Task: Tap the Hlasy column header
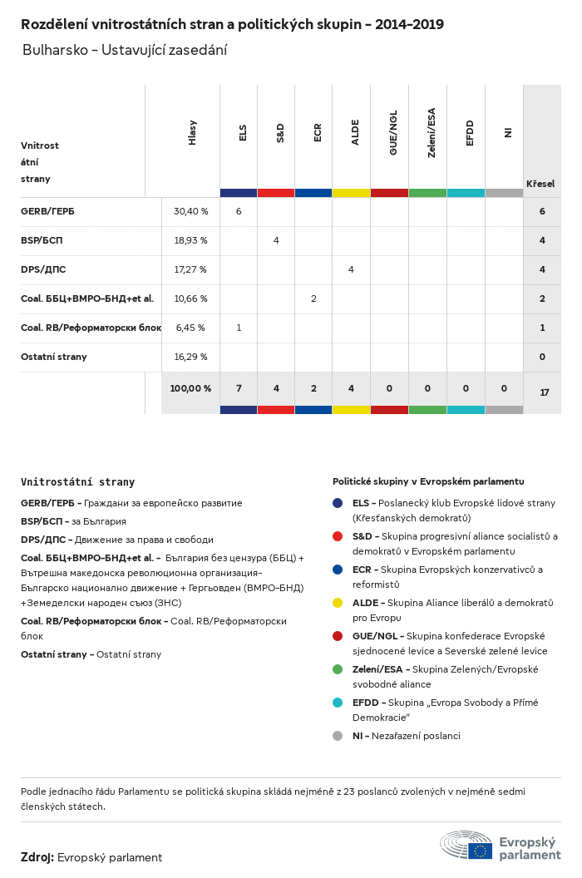(192, 133)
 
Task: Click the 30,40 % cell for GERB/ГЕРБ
(190, 211)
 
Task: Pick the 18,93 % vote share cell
(190, 240)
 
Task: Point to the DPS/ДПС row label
(43, 269)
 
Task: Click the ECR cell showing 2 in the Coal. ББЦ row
(313, 298)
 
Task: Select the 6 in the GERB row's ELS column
(239, 211)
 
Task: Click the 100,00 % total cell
(190, 388)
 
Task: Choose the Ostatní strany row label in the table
(54, 357)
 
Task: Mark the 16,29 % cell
(190, 357)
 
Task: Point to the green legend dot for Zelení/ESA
(338, 669)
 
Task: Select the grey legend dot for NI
(338, 736)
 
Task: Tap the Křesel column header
(540, 184)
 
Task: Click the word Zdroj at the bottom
(37, 857)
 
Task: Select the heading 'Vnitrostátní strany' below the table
(77, 482)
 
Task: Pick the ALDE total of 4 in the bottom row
(351, 388)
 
